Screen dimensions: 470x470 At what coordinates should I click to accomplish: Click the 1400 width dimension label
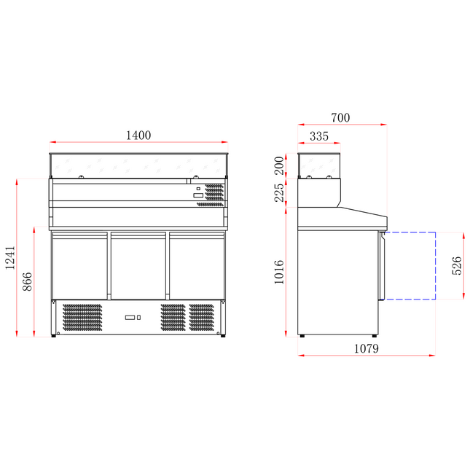coord(138,135)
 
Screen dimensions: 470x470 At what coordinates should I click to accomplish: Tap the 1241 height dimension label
coord(9,258)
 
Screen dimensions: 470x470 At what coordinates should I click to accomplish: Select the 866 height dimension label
coord(28,282)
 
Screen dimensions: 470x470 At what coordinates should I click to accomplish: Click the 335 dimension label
coord(318,136)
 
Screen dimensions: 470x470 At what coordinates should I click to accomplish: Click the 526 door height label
coord(457,266)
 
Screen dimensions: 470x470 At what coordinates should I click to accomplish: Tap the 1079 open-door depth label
coord(367,348)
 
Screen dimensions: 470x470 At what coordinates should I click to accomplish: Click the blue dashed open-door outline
coord(435,266)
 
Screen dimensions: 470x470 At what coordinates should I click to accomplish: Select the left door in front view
coord(80,266)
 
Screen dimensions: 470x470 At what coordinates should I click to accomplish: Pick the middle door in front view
coord(138,266)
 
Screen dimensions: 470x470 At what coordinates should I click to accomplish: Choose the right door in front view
coord(196,266)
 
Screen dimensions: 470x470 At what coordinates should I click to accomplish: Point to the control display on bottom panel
coord(131,318)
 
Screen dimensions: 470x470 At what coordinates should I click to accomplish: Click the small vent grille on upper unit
coord(214,192)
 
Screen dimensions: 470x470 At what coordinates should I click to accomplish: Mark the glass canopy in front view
coord(138,166)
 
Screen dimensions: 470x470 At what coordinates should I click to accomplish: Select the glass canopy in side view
coord(319,165)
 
